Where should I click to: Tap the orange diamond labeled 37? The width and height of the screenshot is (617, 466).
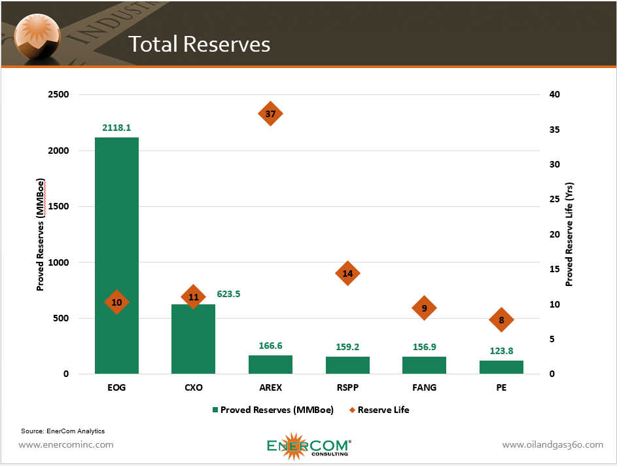coord(270,114)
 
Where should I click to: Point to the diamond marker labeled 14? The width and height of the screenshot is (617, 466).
coord(347,274)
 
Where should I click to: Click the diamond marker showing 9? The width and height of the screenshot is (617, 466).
coord(424,308)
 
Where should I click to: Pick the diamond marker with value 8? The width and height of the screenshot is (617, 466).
coord(501,319)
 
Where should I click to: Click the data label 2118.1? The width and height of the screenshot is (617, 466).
coord(116,128)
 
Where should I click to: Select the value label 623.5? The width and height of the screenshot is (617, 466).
coord(228,294)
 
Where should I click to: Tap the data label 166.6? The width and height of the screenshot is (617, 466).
coord(270,346)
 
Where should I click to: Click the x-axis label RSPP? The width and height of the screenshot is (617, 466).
coord(347,387)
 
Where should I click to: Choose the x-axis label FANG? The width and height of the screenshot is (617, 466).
coord(424,387)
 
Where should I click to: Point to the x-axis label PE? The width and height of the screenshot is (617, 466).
coord(501,387)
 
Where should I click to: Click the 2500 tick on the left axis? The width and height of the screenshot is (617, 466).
coord(58,94)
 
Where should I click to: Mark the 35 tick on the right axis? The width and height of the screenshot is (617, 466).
coord(555,130)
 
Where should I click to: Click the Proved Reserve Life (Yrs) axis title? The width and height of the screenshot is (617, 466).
coord(569,234)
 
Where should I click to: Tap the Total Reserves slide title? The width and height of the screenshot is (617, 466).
coord(199,44)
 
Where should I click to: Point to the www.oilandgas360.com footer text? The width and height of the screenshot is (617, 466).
coord(552,445)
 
